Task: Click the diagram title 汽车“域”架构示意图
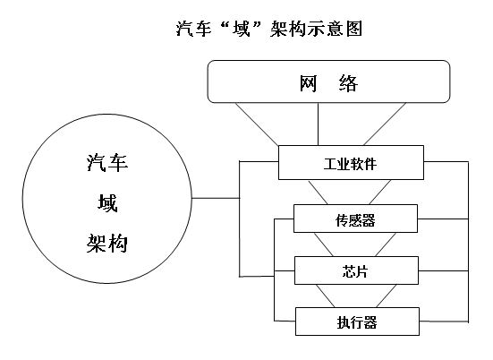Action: (269, 29)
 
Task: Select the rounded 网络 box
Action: (328, 81)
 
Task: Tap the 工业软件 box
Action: (351, 162)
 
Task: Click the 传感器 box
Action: (355, 219)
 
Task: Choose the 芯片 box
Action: (356, 270)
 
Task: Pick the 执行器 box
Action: (357, 321)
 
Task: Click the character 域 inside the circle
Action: (107, 203)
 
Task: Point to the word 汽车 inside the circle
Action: (107, 163)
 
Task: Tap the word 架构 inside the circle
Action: (107, 244)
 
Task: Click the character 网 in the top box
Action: (308, 83)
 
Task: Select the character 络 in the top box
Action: (349, 83)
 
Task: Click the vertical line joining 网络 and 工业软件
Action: (318, 124)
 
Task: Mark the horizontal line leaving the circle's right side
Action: (216, 198)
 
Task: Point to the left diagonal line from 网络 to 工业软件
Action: (257, 124)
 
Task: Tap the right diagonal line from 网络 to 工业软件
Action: (385, 124)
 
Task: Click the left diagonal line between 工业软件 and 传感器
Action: (318, 192)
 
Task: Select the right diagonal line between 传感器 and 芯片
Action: (386, 244)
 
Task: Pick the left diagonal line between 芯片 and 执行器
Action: (326, 296)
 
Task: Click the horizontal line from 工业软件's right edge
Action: (446, 162)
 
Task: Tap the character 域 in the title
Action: (242, 29)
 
